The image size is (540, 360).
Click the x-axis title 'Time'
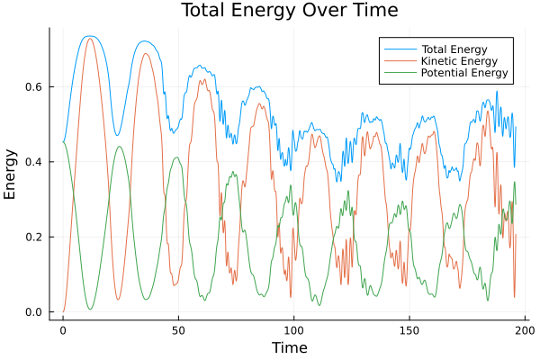tap(289, 347)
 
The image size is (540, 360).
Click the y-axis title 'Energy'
tap(11, 175)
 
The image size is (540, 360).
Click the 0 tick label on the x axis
tap(63, 329)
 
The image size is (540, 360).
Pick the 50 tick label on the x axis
tap(178, 329)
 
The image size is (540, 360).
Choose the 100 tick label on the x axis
tap(293, 329)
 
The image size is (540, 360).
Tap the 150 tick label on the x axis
tap(409, 329)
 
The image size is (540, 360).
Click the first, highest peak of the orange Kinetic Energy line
tap(89, 39)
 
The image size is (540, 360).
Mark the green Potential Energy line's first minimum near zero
tap(90, 310)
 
